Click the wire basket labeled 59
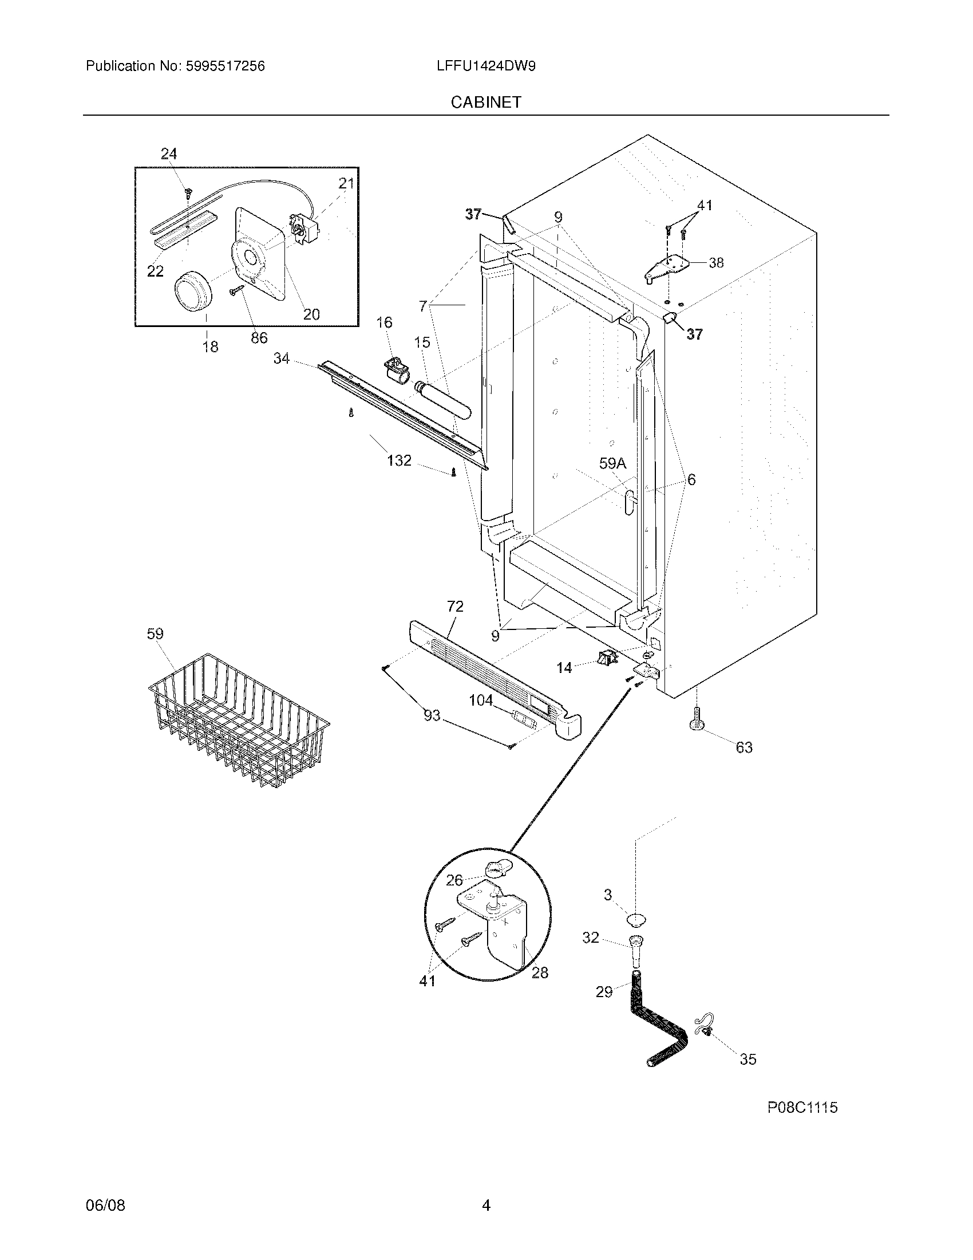(x=238, y=721)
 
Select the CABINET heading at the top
(x=486, y=102)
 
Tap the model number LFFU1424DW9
(x=486, y=66)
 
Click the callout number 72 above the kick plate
(x=455, y=607)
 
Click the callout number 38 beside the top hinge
(x=716, y=262)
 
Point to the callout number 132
(x=399, y=460)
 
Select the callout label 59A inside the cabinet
(x=612, y=463)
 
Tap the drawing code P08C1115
(x=802, y=1107)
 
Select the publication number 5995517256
(x=225, y=66)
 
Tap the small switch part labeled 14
(x=606, y=657)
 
